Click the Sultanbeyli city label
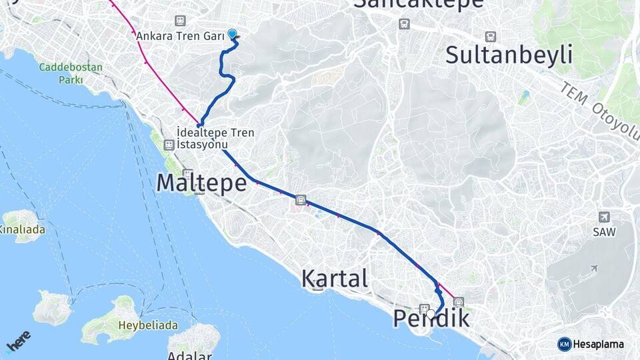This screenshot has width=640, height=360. tap(509, 55)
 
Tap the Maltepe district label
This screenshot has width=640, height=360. tap(202, 183)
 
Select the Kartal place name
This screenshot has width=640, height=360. tap(335, 279)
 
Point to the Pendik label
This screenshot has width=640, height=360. tap(431, 319)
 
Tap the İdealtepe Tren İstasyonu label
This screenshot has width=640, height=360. tap(216, 139)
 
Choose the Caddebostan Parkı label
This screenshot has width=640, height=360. tap(61, 73)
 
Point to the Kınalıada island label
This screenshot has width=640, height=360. tap(22, 229)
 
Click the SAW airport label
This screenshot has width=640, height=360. tap(604, 231)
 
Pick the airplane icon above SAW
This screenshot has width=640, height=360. tap(604, 217)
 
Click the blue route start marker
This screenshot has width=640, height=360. tap(232, 33)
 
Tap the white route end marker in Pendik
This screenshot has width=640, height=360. tap(431, 313)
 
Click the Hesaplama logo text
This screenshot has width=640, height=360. tap(599, 345)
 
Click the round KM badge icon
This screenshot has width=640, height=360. tap(565, 345)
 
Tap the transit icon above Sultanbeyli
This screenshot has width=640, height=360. tap(491, 37)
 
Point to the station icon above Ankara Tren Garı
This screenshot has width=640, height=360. tap(179, 21)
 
